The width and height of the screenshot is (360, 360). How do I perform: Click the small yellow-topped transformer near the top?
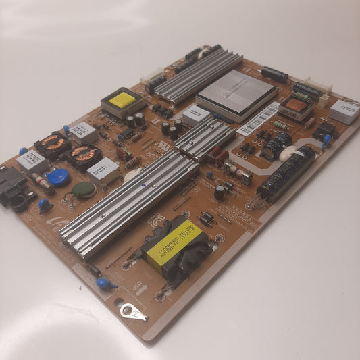122,100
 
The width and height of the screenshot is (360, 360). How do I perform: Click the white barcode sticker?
258,118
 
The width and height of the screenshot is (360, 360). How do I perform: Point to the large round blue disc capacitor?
59,177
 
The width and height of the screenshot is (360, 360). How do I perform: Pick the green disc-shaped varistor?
84,189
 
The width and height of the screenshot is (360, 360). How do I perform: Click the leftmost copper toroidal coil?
53,143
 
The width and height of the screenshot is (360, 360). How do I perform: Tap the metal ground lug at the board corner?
133,311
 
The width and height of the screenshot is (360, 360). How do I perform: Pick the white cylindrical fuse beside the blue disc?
41,180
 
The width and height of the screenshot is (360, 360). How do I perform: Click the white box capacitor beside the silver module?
195,115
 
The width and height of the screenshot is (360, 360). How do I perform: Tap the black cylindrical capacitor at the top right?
275,74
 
